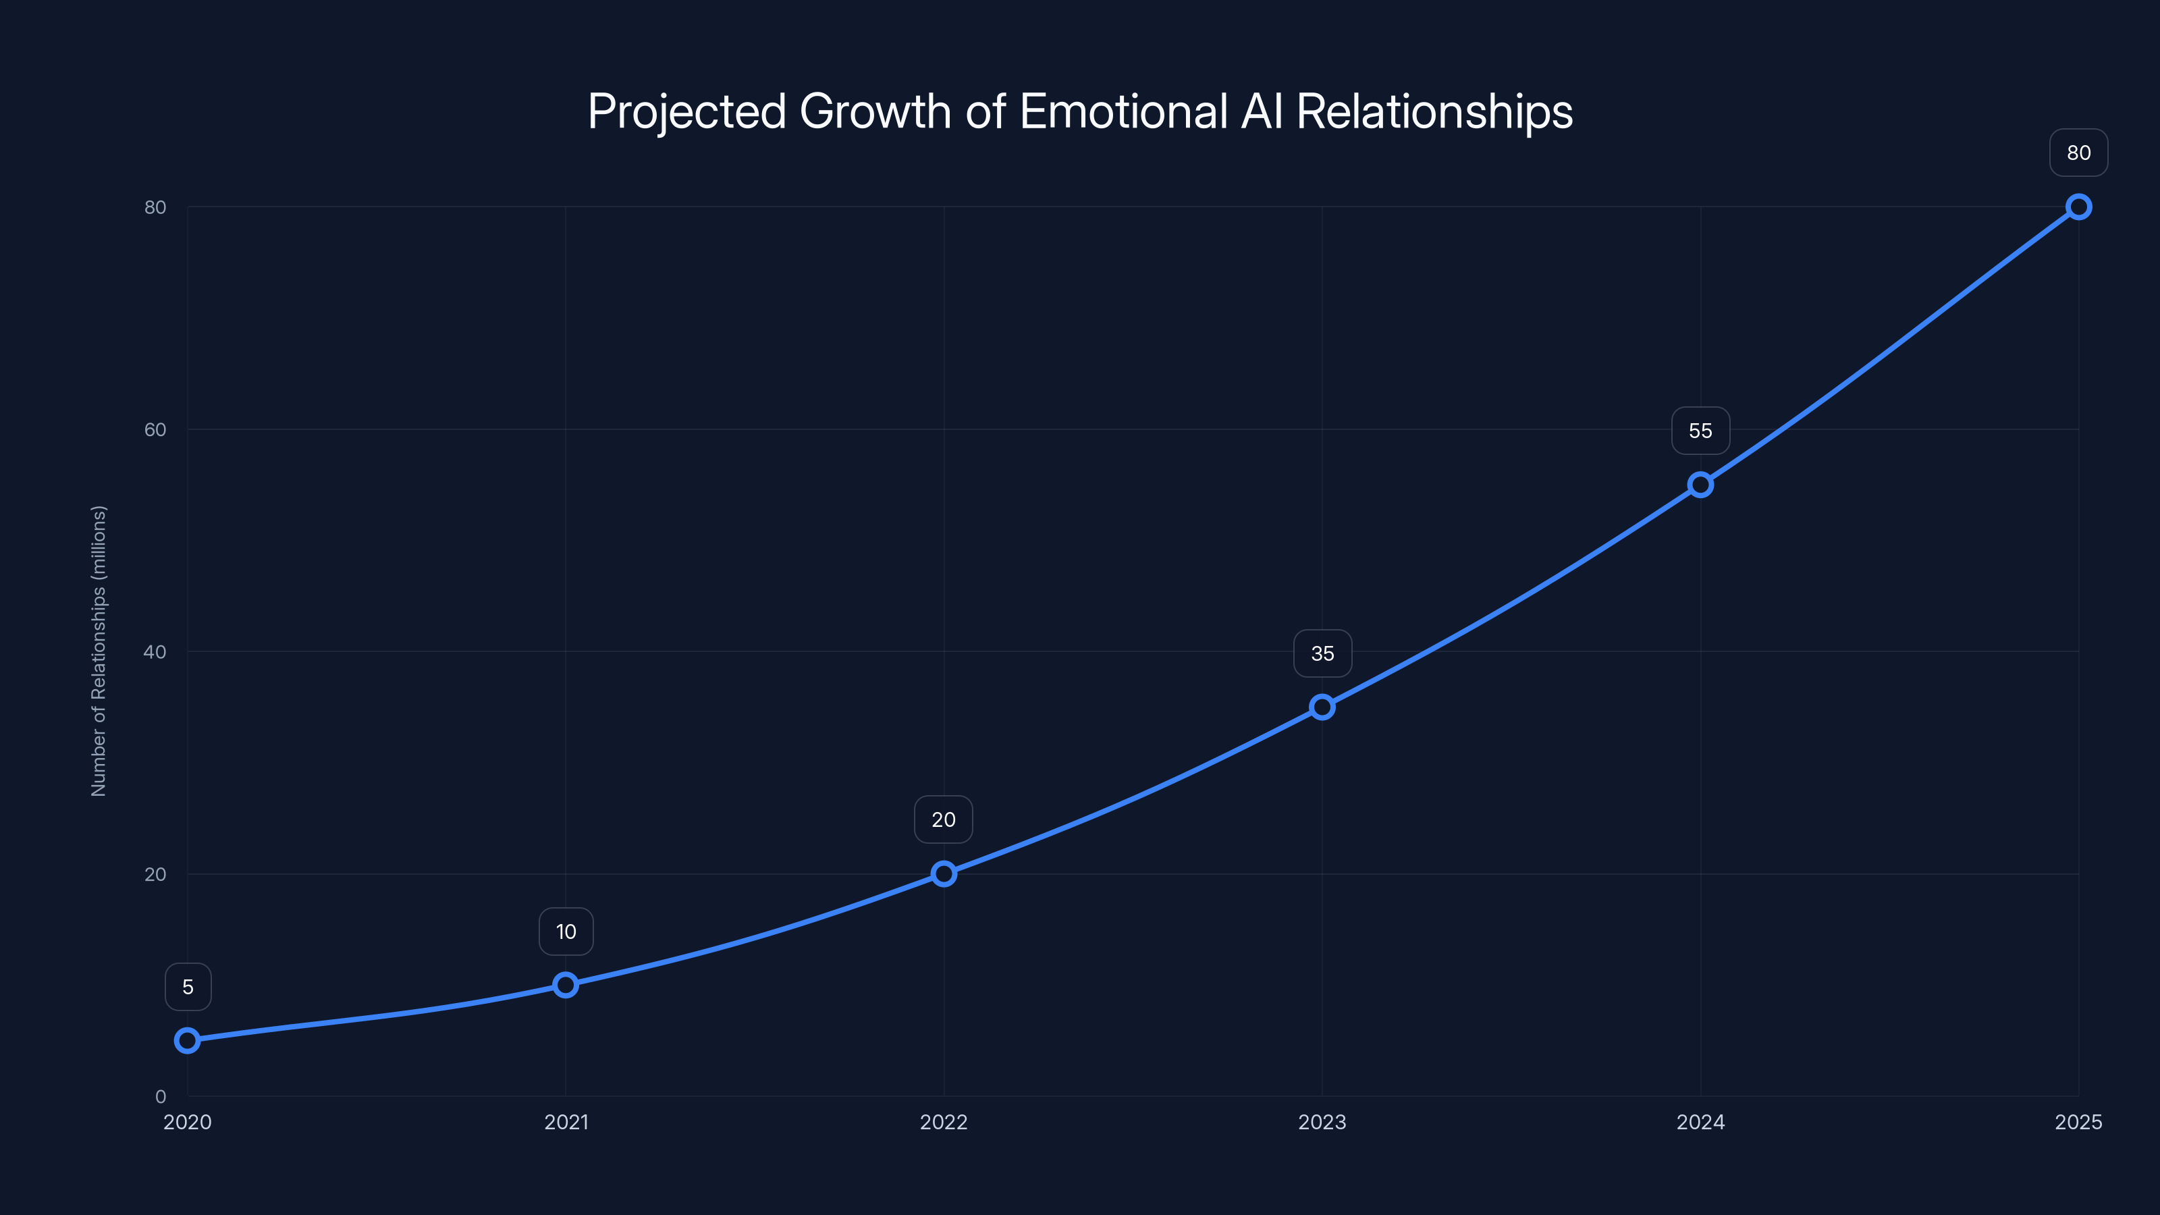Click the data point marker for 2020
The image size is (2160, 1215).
coord(187,1041)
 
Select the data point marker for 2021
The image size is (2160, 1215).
coord(566,984)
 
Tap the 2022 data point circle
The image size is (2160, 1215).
coord(944,873)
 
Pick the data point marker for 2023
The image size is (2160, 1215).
coord(1322,707)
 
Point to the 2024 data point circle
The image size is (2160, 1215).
coord(1700,485)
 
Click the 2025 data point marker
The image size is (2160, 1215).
coord(2079,207)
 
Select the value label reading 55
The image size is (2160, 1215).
coord(1700,431)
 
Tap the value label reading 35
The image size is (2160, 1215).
coord(1322,653)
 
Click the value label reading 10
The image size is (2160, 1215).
coord(566,932)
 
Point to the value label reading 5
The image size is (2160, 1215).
coord(188,987)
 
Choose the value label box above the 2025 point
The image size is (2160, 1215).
coord(2079,153)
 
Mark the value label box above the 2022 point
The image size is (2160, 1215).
coord(944,819)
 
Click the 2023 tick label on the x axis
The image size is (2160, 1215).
coord(1322,1122)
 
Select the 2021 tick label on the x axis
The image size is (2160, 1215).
coord(566,1122)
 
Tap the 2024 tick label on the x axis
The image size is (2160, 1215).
coord(1700,1122)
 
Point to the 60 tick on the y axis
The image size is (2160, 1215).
coord(155,429)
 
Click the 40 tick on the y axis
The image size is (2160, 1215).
coord(155,651)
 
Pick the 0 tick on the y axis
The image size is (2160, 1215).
coord(160,1096)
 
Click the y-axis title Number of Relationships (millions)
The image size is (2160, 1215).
coord(99,651)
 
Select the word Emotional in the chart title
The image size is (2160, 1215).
coord(1125,111)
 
